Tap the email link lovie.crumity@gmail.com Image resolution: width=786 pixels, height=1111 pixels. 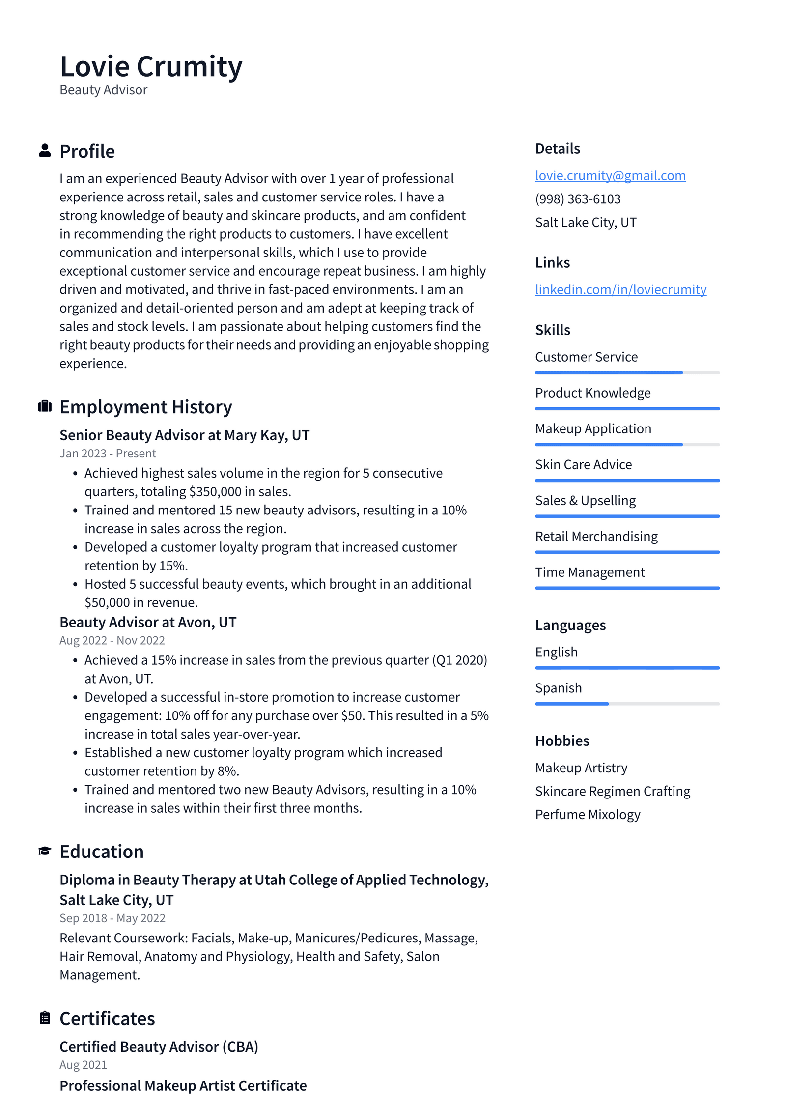(x=610, y=175)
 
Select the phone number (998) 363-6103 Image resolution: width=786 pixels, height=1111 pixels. (x=578, y=199)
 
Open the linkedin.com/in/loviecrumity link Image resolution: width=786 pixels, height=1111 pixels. (x=620, y=289)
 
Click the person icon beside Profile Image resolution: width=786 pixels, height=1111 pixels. (x=45, y=151)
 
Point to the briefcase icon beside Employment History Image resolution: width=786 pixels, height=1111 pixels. (x=45, y=406)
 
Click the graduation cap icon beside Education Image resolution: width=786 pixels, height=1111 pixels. (x=45, y=851)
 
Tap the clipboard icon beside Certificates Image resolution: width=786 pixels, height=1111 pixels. (x=45, y=1018)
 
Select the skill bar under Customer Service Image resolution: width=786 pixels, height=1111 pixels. (x=627, y=373)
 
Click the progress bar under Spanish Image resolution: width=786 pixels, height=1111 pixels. (x=627, y=704)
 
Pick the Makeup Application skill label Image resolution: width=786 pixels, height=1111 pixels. (x=593, y=428)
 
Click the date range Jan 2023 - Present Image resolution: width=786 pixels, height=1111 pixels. (x=108, y=453)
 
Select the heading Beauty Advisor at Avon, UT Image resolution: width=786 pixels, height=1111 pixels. (x=148, y=622)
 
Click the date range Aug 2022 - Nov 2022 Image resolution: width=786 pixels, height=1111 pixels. (x=112, y=640)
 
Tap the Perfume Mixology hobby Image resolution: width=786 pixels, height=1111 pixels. (x=588, y=814)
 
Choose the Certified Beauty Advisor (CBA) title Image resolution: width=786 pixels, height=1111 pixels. (x=159, y=1046)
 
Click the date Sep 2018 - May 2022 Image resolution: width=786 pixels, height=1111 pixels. (x=112, y=918)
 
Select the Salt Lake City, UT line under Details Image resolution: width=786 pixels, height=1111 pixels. (x=586, y=223)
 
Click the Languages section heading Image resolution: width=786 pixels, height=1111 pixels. (x=570, y=625)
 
